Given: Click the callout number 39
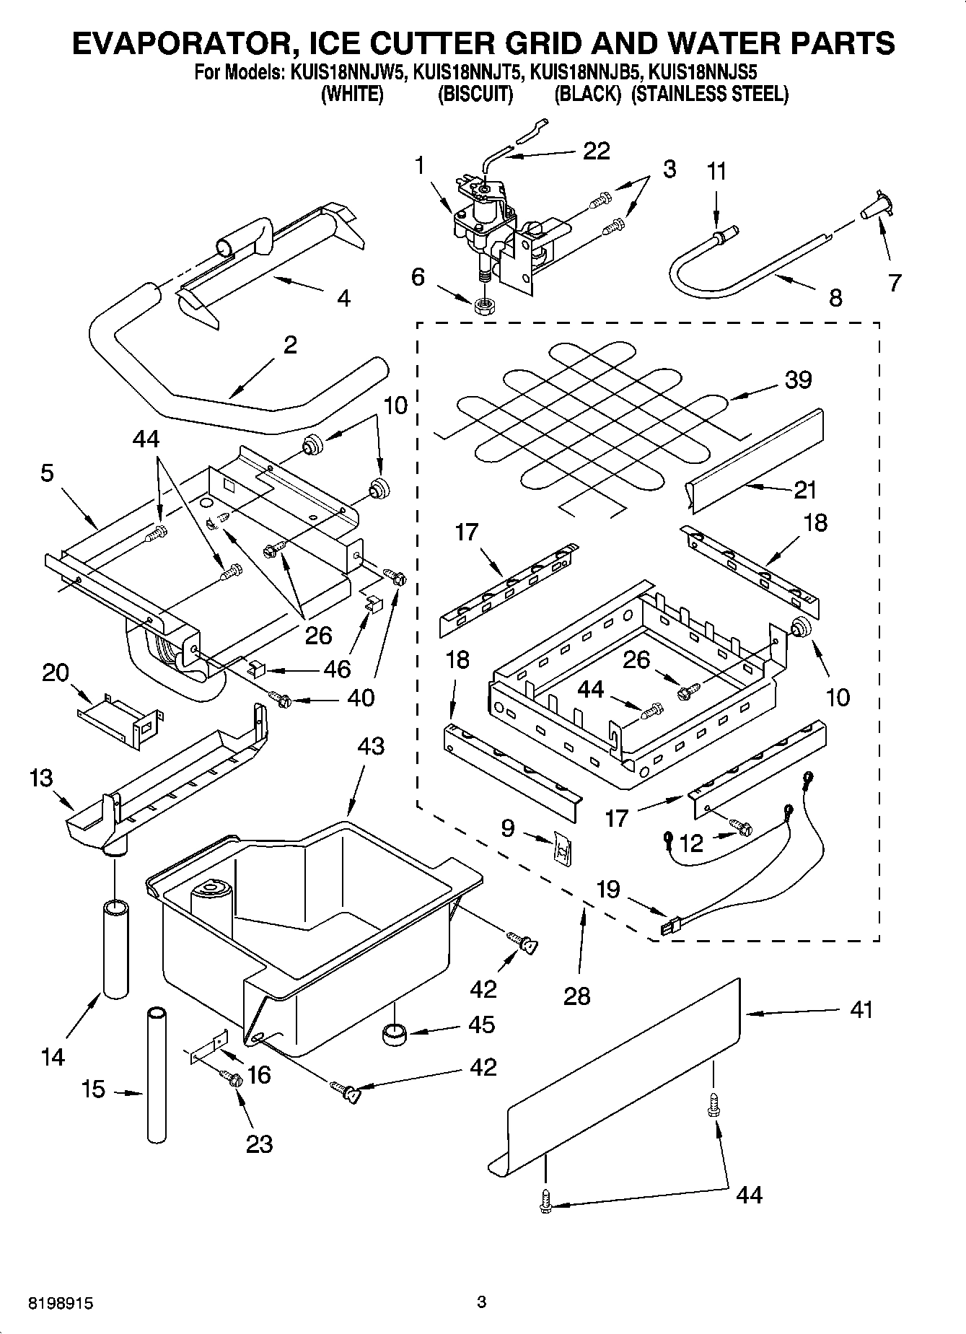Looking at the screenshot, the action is point(798,380).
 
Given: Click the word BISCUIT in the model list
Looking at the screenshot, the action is point(475,95).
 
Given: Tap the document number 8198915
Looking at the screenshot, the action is point(61,1302).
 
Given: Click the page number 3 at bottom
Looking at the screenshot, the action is point(482,1302).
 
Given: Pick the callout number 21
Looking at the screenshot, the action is point(804,490).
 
